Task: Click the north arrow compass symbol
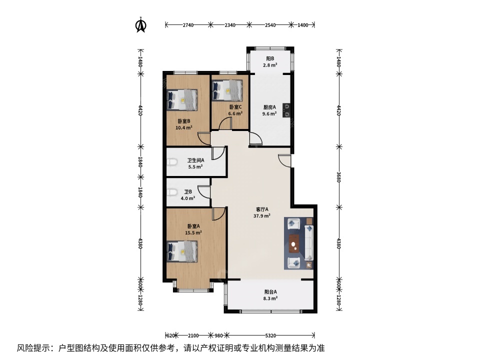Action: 141,25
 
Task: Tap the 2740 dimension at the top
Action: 188,25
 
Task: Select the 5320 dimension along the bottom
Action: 270,335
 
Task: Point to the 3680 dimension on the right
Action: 338,177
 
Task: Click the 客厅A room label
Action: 262,209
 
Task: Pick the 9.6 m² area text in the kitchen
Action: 269,113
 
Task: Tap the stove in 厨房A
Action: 287,110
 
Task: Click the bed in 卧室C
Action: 227,90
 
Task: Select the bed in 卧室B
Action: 182,100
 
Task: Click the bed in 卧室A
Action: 182,251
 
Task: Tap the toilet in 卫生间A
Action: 172,162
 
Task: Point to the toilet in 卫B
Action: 172,192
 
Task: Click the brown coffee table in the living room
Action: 295,243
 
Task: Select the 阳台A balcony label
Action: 270,292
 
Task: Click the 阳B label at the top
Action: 270,58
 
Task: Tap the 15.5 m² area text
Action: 193,232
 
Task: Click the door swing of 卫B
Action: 204,192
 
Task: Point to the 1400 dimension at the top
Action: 303,25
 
